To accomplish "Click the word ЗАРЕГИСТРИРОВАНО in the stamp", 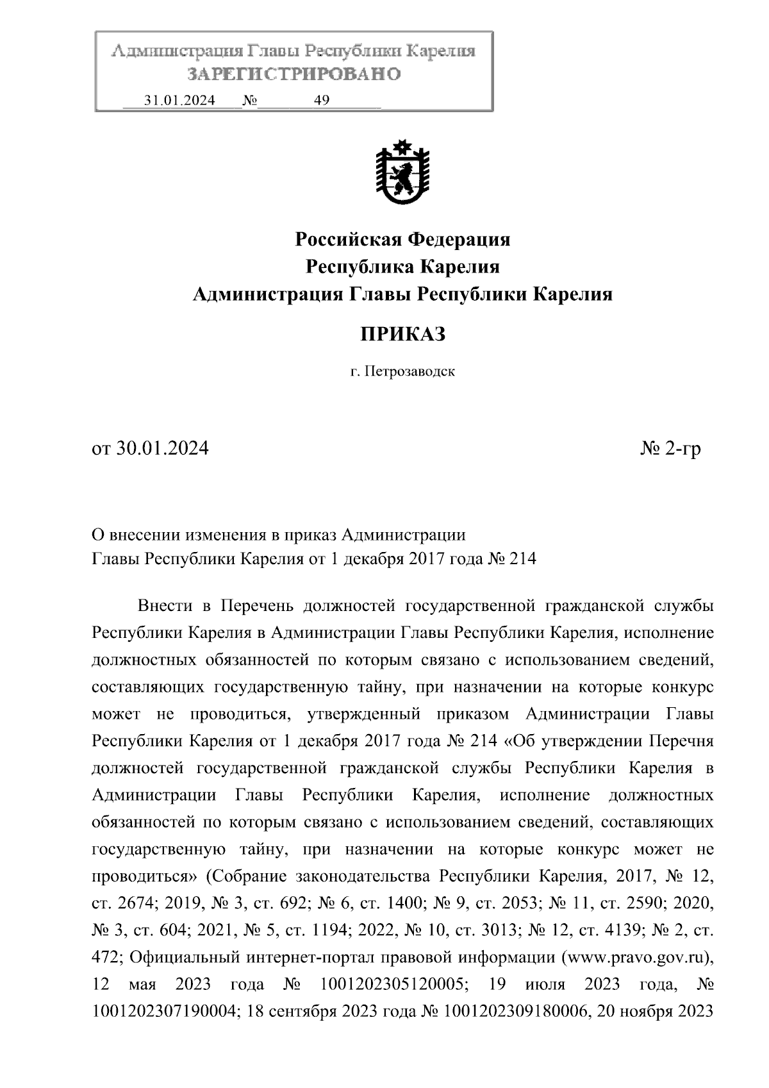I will pos(294,74).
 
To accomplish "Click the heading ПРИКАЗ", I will pos(402,334).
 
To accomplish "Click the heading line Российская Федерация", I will pos(402,240).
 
